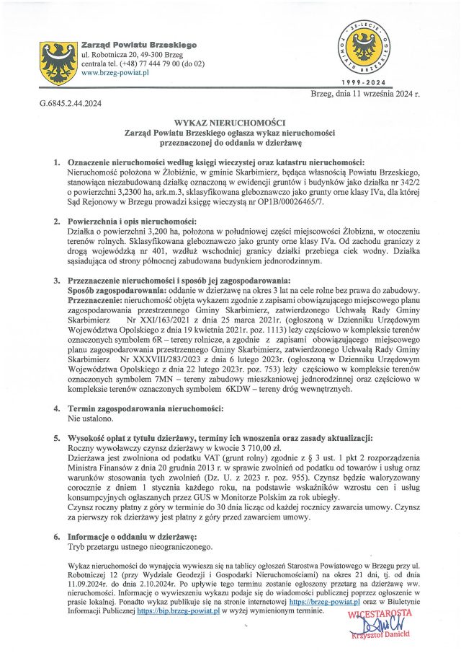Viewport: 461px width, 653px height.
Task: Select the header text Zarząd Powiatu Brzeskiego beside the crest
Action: pyautogui.click(x=140, y=45)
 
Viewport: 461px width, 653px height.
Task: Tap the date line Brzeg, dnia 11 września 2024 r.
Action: pyautogui.click(x=364, y=94)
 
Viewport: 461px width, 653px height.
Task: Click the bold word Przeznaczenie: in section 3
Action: pyautogui.click(x=95, y=298)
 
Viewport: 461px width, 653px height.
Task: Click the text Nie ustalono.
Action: pyautogui.click(x=89, y=418)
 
